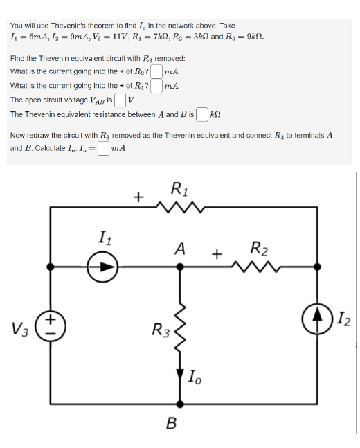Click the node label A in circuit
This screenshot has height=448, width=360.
tap(180, 248)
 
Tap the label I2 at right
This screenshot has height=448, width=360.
tap(344, 319)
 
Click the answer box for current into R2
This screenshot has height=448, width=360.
tap(157, 71)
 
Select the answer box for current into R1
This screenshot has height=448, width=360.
tap(157, 86)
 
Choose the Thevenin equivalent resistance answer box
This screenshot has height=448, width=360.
tap(202, 114)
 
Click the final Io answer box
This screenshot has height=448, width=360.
tap(103, 148)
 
